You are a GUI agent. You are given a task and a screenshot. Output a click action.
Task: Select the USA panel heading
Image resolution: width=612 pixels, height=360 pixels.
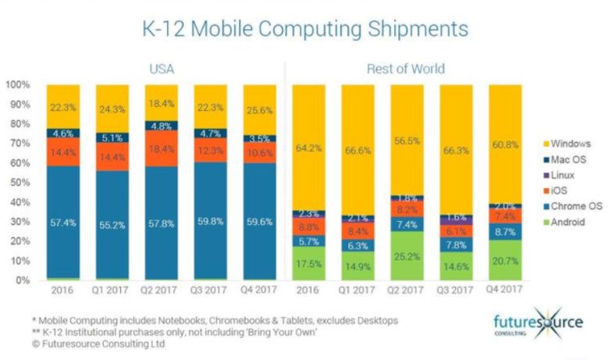(x=162, y=69)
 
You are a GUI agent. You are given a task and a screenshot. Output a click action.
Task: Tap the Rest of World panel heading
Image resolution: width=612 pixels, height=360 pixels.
(x=405, y=69)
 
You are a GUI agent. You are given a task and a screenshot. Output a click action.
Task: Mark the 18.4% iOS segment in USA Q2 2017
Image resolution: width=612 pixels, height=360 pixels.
(x=162, y=149)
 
